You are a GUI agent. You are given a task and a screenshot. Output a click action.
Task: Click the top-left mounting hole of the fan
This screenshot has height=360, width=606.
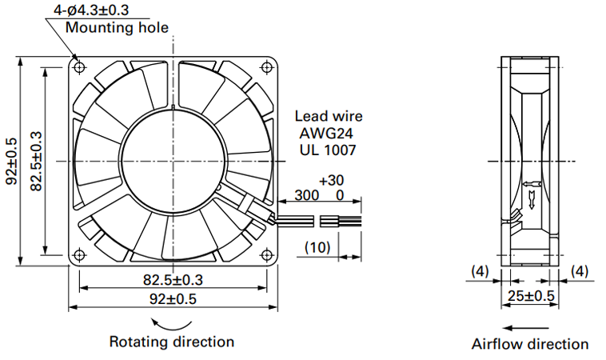[x=80, y=67]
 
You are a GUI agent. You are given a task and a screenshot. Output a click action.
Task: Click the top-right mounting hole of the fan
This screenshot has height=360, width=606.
[x=267, y=67]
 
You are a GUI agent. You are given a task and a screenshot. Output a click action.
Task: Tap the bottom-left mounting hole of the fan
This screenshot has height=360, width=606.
[x=80, y=255]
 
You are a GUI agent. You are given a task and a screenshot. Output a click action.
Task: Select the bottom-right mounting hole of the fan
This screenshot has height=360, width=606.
[x=267, y=255]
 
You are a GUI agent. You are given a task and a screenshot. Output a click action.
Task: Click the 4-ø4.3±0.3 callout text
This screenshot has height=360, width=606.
[x=91, y=10]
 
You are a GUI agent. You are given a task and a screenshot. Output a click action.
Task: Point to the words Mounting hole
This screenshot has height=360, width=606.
[x=117, y=27]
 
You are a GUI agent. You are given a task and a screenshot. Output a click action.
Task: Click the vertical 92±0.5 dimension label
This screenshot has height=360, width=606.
[x=12, y=161]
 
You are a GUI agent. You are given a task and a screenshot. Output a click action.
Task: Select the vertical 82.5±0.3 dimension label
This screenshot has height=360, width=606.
[x=36, y=161]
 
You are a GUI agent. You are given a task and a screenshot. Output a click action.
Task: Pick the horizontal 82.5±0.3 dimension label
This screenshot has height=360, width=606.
[x=173, y=279]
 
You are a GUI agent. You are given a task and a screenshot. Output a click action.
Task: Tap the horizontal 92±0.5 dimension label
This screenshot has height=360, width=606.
[x=173, y=299]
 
